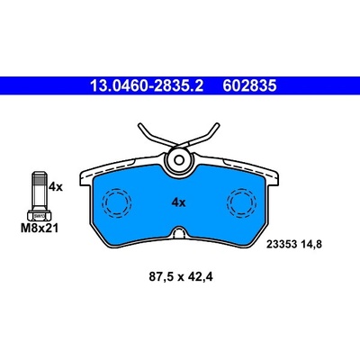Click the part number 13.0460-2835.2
click(x=147, y=86)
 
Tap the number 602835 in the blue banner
click(x=249, y=86)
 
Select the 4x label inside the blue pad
click(x=178, y=203)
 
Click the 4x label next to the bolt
click(x=56, y=187)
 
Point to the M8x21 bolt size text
click(x=40, y=229)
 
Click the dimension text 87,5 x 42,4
click(x=181, y=277)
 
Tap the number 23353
click(x=282, y=245)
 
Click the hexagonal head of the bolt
click(x=40, y=216)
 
